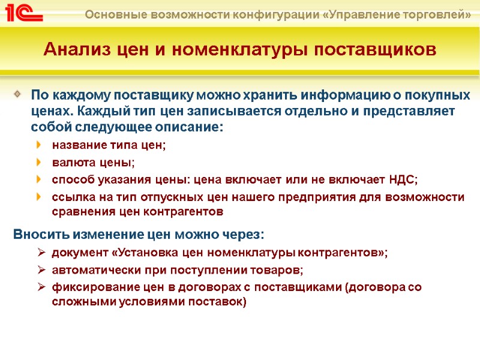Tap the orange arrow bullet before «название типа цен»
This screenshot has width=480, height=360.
[40, 145]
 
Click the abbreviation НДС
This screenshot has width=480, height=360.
[403, 179]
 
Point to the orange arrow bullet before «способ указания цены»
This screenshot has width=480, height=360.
[40, 179]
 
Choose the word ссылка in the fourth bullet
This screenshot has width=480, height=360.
[71, 197]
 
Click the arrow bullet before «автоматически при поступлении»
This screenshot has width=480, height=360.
[41, 269]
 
